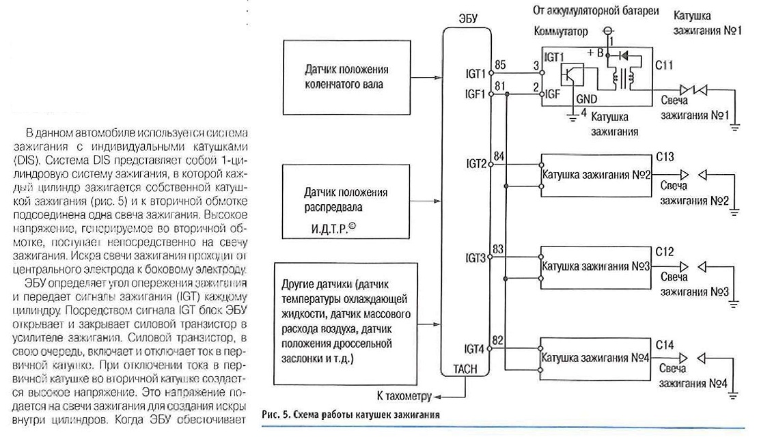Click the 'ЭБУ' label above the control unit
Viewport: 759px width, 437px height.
click(x=467, y=18)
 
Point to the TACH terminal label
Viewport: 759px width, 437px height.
click(x=465, y=369)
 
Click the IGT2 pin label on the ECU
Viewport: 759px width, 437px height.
click(x=476, y=164)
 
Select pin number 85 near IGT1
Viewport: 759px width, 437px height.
click(x=501, y=64)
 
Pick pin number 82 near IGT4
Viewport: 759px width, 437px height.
click(x=497, y=340)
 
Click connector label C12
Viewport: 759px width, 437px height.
click(x=665, y=252)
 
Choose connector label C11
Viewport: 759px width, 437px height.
click(x=663, y=65)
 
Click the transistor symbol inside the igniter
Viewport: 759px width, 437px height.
click(x=572, y=76)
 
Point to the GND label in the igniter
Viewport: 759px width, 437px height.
click(x=587, y=99)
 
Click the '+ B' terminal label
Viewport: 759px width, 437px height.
click(x=596, y=53)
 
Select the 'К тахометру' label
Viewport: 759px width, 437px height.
click(x=404, y=396)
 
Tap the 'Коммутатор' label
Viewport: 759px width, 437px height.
click(x=560, y=31)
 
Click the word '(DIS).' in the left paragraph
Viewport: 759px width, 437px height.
click(x=27, y=160)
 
